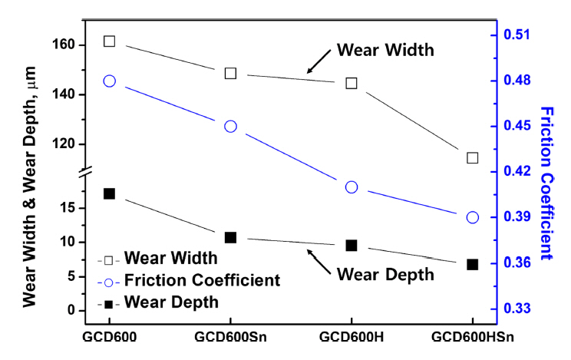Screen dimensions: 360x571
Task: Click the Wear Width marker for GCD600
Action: coord(109,41)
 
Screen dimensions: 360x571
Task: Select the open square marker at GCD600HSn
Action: coord(473,158)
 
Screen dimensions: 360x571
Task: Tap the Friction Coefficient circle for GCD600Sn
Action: coord(230,127)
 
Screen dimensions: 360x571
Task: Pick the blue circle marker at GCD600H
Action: coord(352,187)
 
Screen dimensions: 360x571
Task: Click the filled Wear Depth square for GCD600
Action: coord(109,194)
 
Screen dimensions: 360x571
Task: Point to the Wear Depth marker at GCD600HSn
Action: coord(473,264)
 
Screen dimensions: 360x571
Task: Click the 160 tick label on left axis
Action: coord(63,45)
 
